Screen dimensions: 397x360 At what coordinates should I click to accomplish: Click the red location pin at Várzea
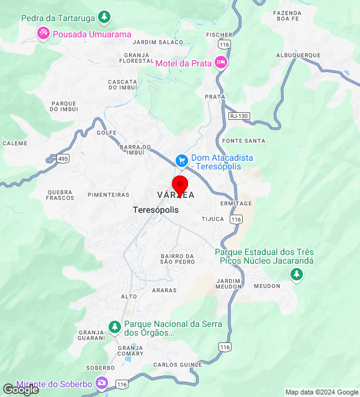point(180,185)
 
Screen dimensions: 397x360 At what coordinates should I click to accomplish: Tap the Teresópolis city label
point(156,210)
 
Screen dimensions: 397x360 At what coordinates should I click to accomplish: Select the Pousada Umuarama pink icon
point(43,33)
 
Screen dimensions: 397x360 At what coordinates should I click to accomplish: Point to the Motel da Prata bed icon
point(220,63)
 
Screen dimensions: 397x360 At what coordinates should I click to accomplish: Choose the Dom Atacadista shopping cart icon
point(181,160)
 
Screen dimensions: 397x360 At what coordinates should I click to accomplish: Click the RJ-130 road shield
point(238,116)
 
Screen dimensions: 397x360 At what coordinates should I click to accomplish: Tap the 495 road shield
point(63,159)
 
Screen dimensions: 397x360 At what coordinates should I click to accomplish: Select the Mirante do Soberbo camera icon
point(102,383)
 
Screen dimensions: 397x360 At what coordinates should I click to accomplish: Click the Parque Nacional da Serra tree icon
point(114,326)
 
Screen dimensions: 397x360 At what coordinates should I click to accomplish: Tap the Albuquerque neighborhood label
point(298,55)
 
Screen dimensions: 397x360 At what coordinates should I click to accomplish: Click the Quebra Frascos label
point(60,195)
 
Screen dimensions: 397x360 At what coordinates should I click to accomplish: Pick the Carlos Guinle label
point(178,364)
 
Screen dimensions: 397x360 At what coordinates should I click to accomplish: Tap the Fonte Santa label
point(244,141)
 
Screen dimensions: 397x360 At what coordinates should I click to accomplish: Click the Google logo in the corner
point(20,390)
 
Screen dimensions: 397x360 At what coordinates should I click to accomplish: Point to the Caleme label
point(15,143)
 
